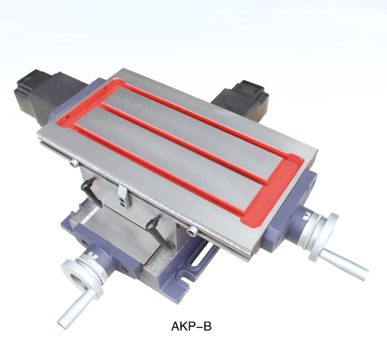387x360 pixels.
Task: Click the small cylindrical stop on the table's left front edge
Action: [x=74, y=164]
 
